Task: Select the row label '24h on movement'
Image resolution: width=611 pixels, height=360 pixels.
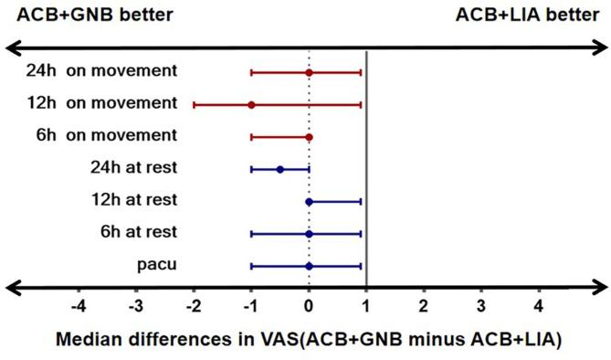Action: [102, 71]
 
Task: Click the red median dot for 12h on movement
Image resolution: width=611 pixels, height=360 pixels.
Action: [251, 105]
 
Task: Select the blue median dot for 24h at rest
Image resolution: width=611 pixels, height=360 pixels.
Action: [280, 169]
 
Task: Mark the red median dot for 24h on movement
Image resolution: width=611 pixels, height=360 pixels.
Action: [309, 72]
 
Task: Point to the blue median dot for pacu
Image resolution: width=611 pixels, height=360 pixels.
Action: [309, 266]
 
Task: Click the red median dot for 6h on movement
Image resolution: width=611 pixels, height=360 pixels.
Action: [309, 137]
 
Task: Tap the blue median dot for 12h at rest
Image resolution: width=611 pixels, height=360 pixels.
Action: [309, 201]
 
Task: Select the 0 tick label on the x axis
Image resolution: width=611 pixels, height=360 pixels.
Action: [309, 305]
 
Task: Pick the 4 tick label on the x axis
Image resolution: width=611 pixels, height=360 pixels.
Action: [539, 305]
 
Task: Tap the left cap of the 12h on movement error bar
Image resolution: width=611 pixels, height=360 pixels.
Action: [194, 105]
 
